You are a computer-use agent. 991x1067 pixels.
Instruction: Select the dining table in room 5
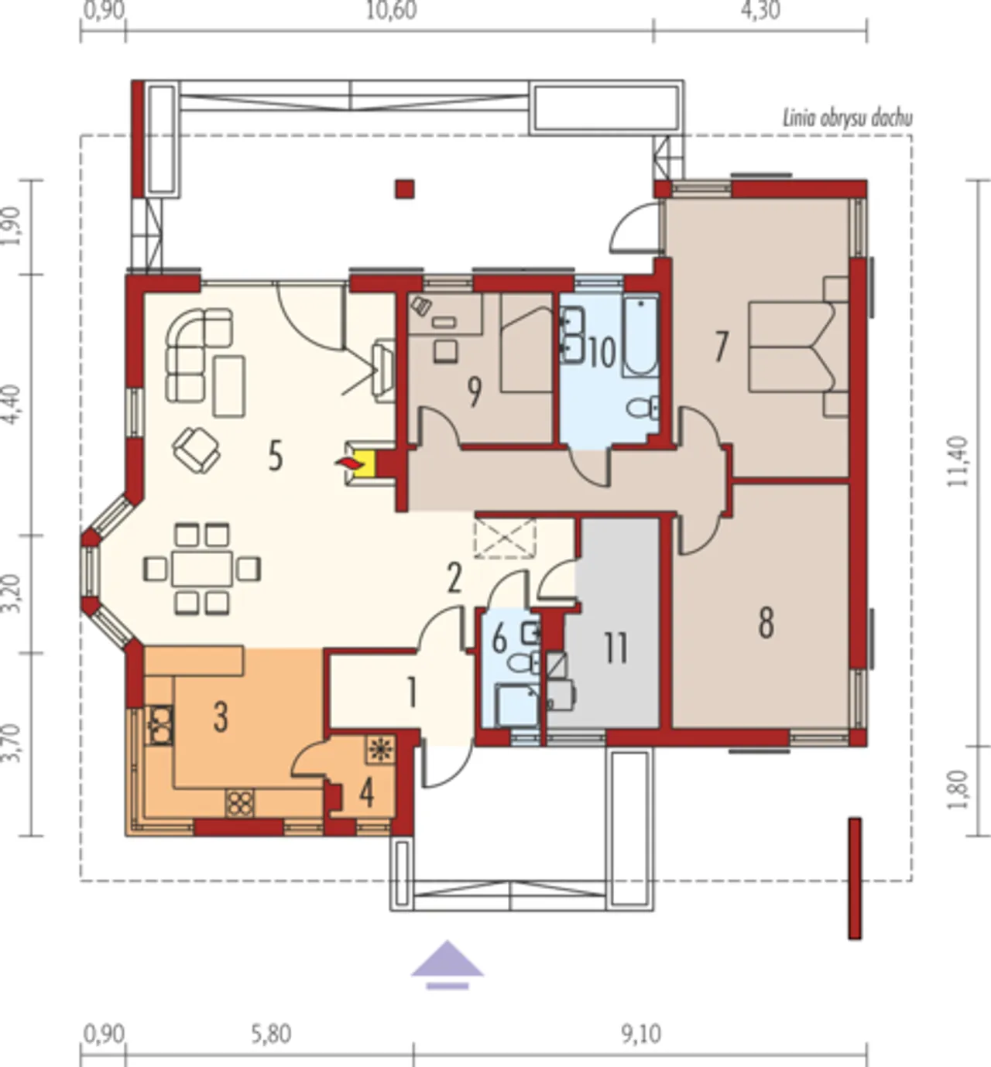click(202, 568)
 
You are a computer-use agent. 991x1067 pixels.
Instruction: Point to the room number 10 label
click(602, 353)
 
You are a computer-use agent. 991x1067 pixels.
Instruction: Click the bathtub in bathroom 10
click(640, 337)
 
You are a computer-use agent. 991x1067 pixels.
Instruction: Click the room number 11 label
click(616, 648)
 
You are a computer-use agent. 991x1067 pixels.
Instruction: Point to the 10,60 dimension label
click(392, 10)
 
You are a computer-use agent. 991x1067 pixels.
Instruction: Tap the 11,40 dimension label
click(957, 462)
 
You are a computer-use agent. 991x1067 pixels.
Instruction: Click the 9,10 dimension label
click(641, 1034)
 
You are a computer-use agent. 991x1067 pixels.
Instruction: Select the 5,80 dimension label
click(272, 1034)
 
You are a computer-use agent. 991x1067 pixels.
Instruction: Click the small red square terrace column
click(405, 189)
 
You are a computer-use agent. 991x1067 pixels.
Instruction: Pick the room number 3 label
click(221, 717)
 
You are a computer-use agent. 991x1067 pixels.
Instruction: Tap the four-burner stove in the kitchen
click(240, 802)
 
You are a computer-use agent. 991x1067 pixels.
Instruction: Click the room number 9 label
click(475, 392)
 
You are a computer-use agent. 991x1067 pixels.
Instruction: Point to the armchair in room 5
click(196, 450)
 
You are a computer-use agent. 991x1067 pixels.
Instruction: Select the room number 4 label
click(367, 793)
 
